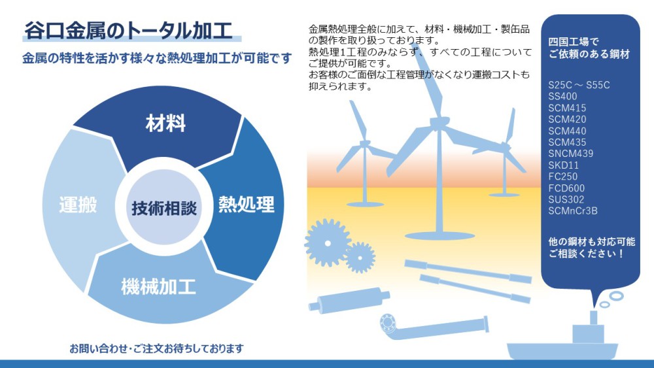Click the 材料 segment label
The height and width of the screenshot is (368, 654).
point(165,124)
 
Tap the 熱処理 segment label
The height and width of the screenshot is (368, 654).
point(247,204)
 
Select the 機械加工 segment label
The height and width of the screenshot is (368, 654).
point(158,287)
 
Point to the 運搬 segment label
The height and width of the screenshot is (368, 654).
point(78,205)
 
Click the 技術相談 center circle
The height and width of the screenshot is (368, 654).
point(164,208)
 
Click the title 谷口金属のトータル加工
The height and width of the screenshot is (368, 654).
point(128,31)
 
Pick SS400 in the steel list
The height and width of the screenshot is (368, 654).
point(562,96)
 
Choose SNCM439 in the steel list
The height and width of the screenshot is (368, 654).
point(570,154)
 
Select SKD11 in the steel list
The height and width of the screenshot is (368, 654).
point(564,165)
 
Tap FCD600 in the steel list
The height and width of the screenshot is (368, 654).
point(566,188)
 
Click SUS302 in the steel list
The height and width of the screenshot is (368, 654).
point(566,199)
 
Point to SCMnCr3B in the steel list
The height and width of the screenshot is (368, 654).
point(573,211)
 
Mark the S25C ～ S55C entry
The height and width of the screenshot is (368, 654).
point(579,85)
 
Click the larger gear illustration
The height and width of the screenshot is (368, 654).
point(328,243)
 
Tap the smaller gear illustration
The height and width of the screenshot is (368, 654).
point(360,258)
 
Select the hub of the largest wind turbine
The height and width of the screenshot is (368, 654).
point(439,124)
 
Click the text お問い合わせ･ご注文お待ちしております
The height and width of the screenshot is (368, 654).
point(156,348)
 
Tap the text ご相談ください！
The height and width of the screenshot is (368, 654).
point(586,254)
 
